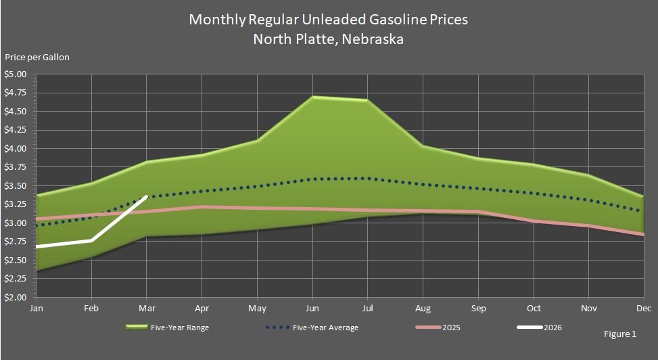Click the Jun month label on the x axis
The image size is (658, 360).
pyautogui.click(x=312, y=308)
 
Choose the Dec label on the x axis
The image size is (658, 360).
pyautogui.click(x=643, y=308)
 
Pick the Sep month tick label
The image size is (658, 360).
pyautogui.click(x=478, y=308)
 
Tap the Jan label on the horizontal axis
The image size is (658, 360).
pyautogui.click(x=37, y=308)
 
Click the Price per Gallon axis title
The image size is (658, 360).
pyautogui.click(x=37, y=58)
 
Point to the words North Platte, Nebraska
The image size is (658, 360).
pyautogui.click(x=329, y=39)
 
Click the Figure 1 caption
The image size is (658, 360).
pyautogui.click(x=620, y=334)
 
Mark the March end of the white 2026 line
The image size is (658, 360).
pyautogui.click(x=147, y=196)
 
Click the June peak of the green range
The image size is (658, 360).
pyautogui.click(x=312, y=97)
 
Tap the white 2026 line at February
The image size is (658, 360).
pyautogui.click(x=91, y=240)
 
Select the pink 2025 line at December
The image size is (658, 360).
pyautogui.click(x=642, y=234)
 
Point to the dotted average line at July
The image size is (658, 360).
pyautogui.click(x=368, y=179)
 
